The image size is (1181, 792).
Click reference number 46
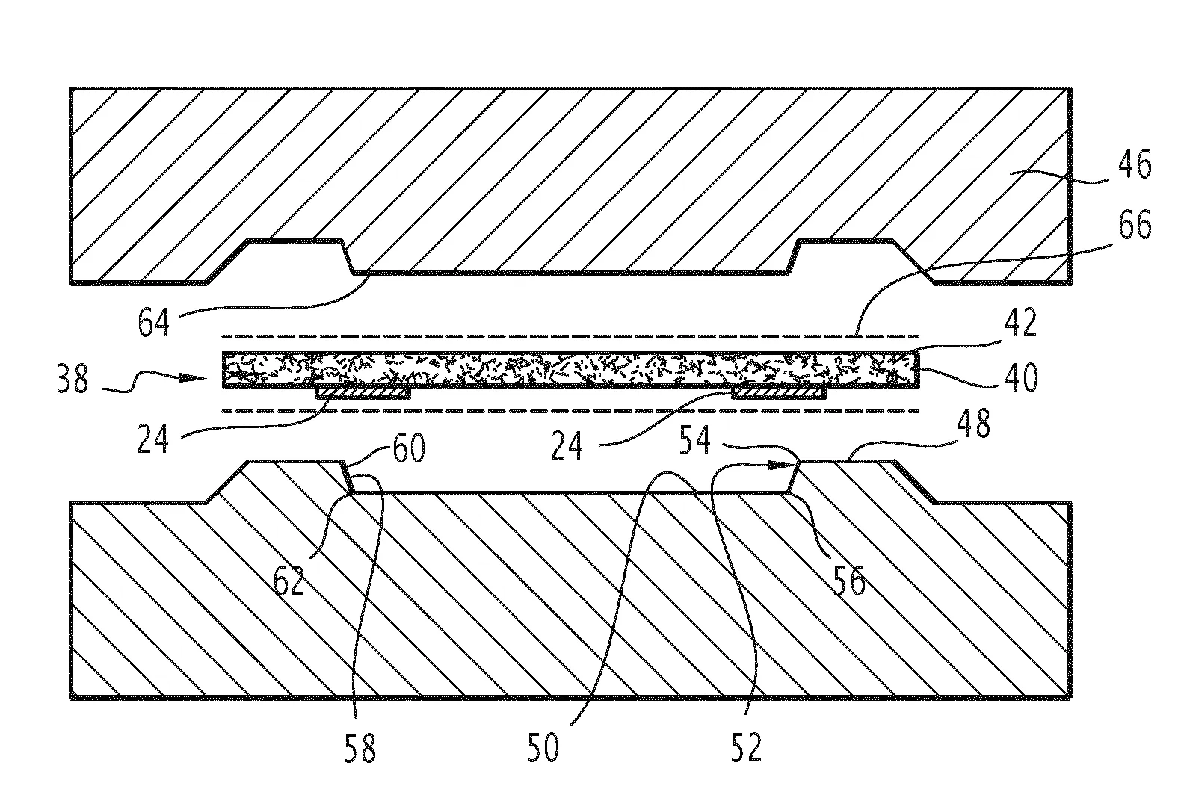[1135, 164]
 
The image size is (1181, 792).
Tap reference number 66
[1135, 225]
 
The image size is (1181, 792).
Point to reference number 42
[1021, 322]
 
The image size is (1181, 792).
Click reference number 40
[1021, 377]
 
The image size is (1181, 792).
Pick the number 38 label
[73, 378]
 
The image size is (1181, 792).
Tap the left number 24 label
[153, 439]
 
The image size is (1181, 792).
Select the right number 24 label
[567, 445]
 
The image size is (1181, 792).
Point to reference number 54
[695, 439]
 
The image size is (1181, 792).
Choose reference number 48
[973, 423]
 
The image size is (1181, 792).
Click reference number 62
[289, 580]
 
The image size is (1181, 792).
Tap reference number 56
[849, 580]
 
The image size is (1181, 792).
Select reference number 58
[360, 748]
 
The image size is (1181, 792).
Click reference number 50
[543, 748]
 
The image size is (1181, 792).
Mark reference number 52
[747, 748]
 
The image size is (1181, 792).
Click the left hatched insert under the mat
[363, 393]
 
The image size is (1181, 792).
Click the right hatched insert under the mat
[779, 393]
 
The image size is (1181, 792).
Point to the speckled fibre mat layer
[571, 369]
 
